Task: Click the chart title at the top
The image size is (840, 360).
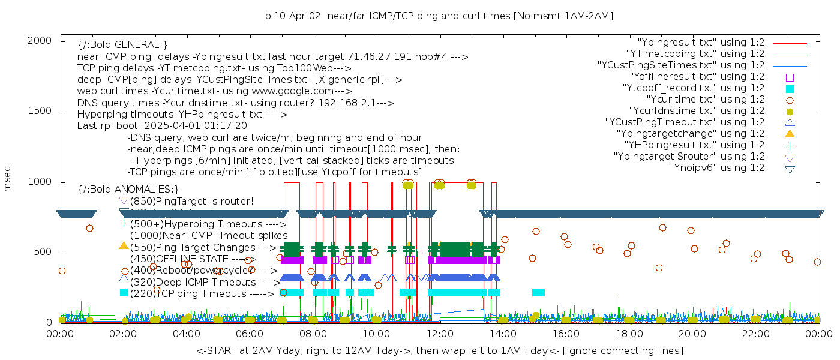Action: [439, 16]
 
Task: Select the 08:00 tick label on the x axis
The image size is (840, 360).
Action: [313, 333]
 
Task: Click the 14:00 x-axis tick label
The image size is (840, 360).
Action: [502, 333]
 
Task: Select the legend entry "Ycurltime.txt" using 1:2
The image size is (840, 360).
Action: [705, 100]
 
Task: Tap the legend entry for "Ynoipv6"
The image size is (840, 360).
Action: [717, 168]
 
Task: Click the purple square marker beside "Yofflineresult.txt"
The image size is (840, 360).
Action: [790, 77]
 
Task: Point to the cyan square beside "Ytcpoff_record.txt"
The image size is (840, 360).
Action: [790, 88]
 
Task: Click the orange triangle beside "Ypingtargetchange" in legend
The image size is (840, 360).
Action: [790, 134]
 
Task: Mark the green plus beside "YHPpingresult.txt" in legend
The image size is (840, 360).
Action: [790, 145]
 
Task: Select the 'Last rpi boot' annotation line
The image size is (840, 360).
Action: [162, 126]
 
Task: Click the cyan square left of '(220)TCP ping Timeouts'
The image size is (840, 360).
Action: [124, 293]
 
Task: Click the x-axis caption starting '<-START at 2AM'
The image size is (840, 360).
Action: [439, 350]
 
